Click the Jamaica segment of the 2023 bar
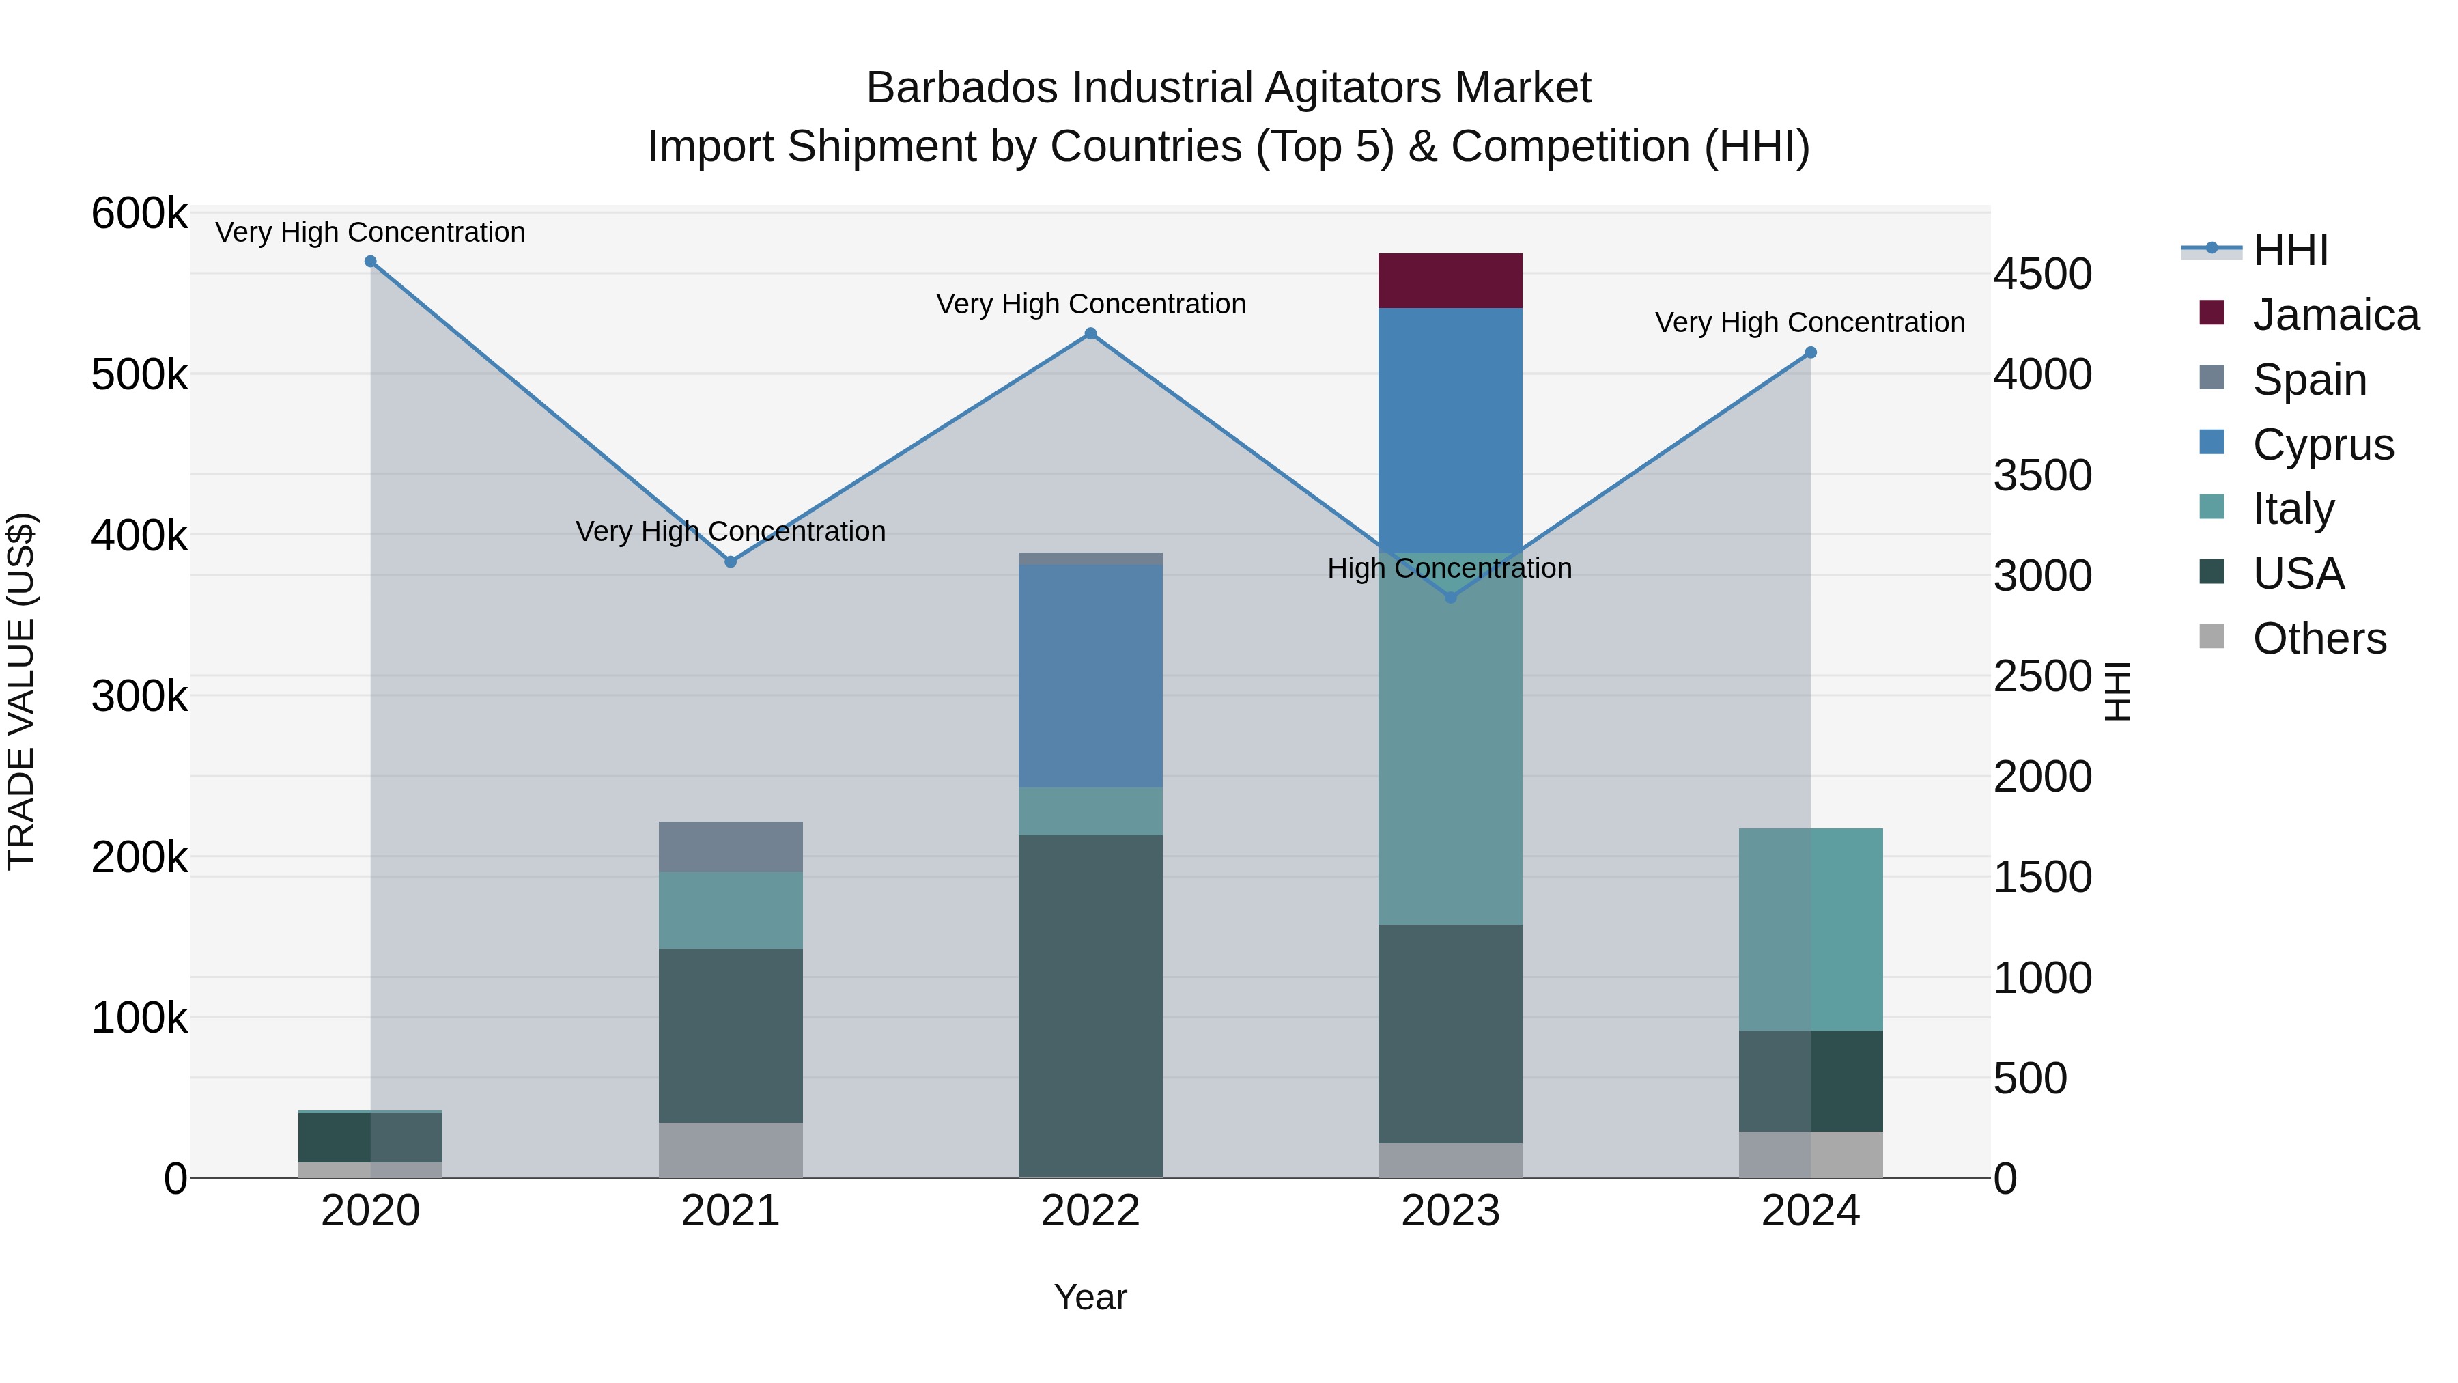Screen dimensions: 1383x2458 coord(1450,281)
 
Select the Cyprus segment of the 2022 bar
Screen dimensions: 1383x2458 coord(1090,675)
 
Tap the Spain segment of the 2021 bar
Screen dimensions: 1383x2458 coord(730,847)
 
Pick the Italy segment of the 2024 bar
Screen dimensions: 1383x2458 coord(1810,929)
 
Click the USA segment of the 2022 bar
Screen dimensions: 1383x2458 coord(1090,1005)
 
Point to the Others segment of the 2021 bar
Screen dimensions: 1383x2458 coord(730,1149)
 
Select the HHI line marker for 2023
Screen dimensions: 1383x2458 coord(1450,598)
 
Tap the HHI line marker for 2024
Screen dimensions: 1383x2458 coord(1810,353)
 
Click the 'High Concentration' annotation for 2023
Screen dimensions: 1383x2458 coord(1450,569)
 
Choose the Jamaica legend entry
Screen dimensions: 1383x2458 coord(2335,315)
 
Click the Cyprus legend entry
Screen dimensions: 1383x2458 coord(2323,445)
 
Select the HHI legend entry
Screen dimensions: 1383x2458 coord(2290,250)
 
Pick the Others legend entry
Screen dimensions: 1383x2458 coord(2319,639)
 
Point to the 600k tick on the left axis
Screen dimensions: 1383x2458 coord(139,214)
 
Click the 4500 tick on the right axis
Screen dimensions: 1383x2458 coord(2042,275)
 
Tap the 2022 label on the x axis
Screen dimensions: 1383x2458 coord(1090,1211)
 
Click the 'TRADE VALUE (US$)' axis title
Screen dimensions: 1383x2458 coord(21,691)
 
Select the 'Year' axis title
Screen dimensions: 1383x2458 coord(1090,1297)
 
